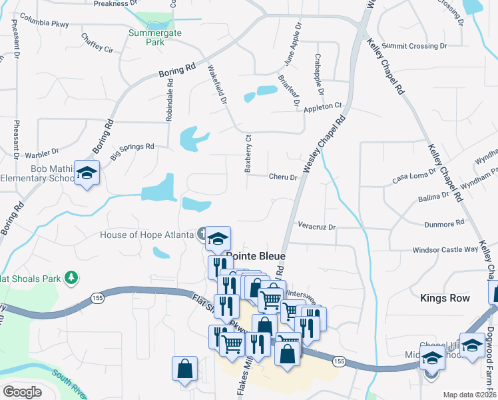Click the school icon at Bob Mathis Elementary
tap(87, 173)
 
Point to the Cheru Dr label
tap(282, 177)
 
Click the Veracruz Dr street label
tap(317, 227)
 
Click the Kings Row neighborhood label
tap(445, 298)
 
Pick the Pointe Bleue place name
tap(256, 256)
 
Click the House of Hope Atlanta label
tap(146, 234)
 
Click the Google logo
tap(22, 392)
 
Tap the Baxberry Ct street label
tap(248, 155)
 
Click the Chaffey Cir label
tap(97, 43)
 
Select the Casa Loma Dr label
tap(413, 175)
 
